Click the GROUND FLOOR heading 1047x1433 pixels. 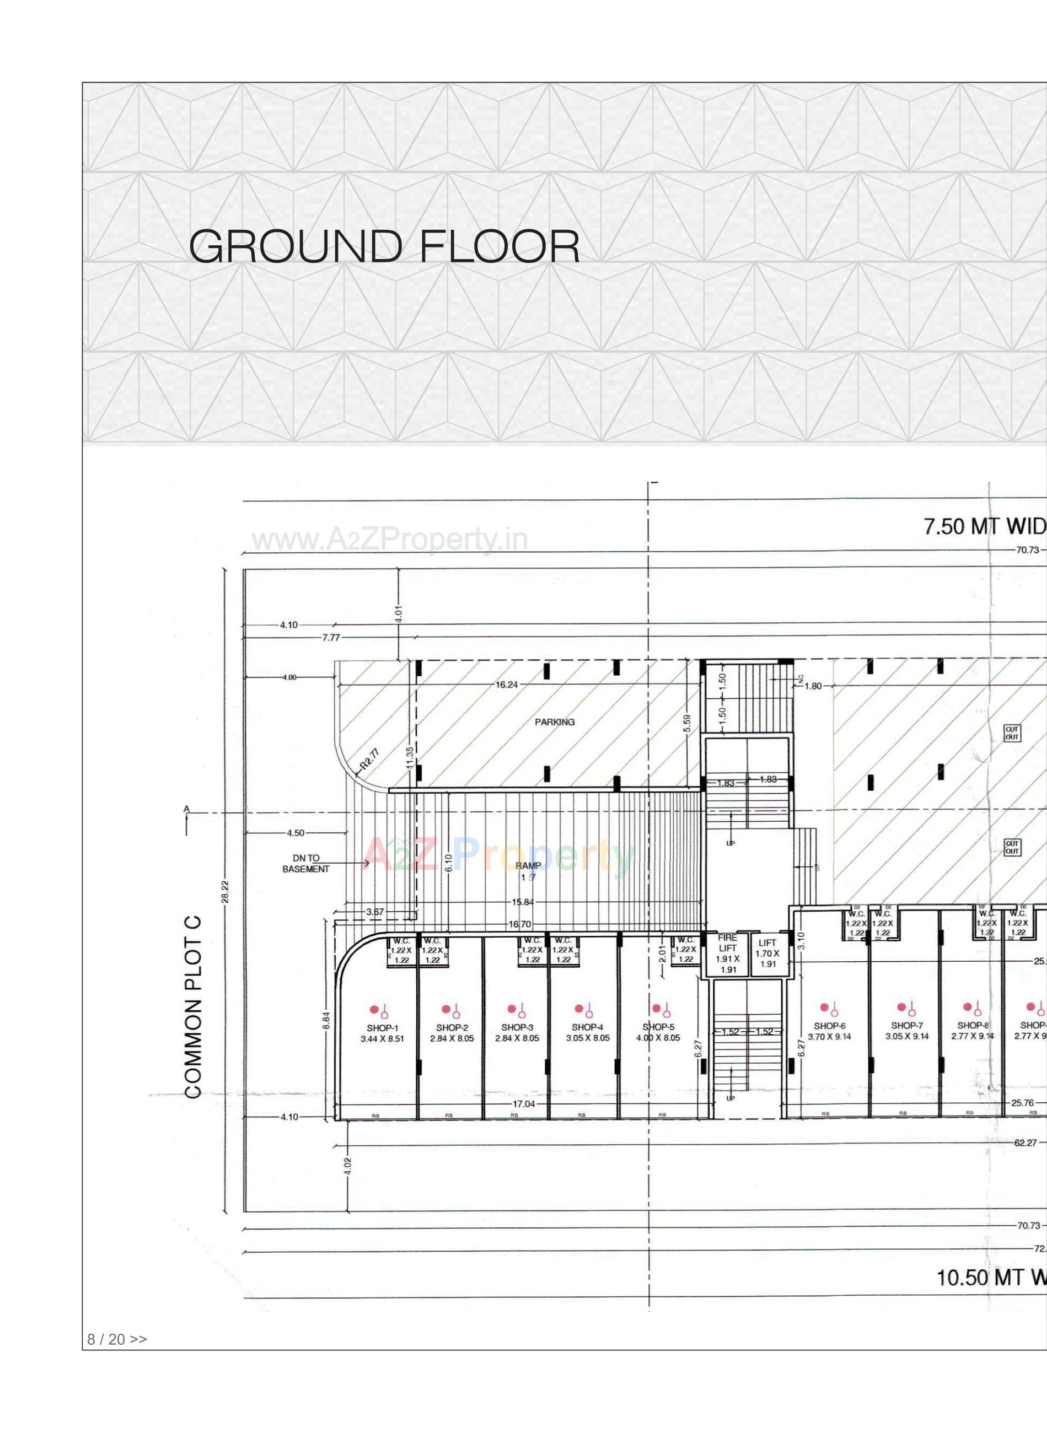coord(384,246)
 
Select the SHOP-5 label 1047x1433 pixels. coord(658,1027)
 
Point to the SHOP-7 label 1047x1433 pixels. coord(907,1026)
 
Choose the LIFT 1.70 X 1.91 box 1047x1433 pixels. coord(767,953)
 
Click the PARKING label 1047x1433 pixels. coord(555,721)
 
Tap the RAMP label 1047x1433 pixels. coord(528,865)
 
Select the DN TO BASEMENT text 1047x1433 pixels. coord(305,864)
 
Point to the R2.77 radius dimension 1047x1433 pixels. coord(369,758)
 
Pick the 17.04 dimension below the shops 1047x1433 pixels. coord(524,1103)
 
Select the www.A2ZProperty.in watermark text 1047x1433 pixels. coord(390,540)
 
